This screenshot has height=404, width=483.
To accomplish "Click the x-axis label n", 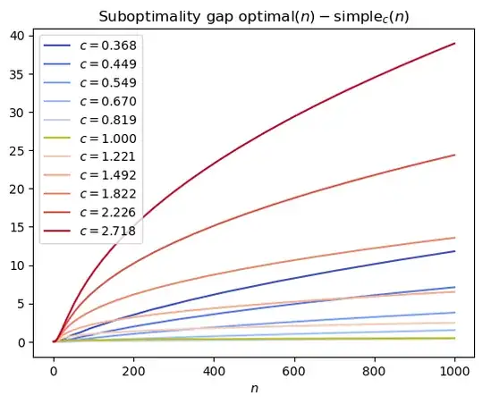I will coord(255,390).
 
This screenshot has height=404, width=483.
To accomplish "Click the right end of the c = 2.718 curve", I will coord(454,43).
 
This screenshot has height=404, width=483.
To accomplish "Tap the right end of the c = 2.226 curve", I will coord(454,155).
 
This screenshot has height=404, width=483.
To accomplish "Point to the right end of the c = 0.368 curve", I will coord(454,251).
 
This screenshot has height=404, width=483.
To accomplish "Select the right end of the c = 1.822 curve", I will coord(454,238).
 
